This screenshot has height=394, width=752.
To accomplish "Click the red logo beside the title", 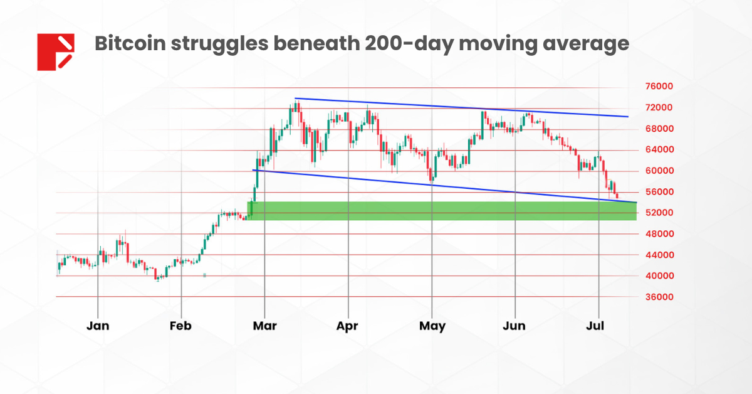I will [x=56, y=51].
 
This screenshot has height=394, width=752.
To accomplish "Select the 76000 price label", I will [x=660, y=87].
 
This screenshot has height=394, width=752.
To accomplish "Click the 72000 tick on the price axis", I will [x=660, y=108].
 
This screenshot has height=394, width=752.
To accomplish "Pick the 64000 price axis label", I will [x=660, y=150].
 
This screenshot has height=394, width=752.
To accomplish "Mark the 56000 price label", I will [x=660, y=192].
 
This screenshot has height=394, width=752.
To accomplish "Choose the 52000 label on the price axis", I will [x=660, y=213].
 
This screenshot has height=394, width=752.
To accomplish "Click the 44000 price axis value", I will [x=660, y=255].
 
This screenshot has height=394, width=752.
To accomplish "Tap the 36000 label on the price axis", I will [x=660, y=297].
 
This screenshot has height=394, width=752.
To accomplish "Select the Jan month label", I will [x=98, y=326].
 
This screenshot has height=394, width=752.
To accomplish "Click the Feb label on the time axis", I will [x=180, y=326].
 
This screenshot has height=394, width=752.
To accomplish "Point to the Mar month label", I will [x=264, y=326].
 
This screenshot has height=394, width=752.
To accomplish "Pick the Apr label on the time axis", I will [x=347, y=326].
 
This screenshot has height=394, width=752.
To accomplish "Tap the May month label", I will [x=432, y=326].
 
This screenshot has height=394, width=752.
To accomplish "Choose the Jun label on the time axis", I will [x=514, y=326].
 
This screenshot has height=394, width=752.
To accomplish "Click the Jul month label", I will [x=598, y=326].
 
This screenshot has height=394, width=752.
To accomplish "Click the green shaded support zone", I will [x=439, y=211].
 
